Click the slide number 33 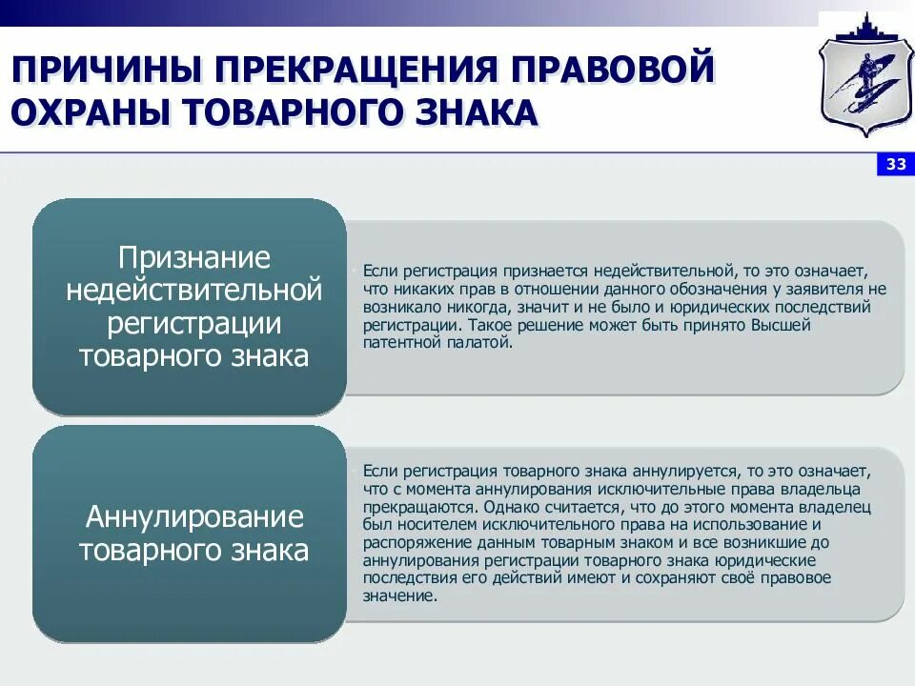pos(896,165)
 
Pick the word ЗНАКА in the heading pos(466,112)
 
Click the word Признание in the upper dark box pos(194,257)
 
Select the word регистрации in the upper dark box pos(194,322)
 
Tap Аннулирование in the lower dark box pos(194,517)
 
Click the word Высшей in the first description pos(783,326)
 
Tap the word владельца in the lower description pos(833,490)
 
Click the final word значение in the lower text pos(398,595)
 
